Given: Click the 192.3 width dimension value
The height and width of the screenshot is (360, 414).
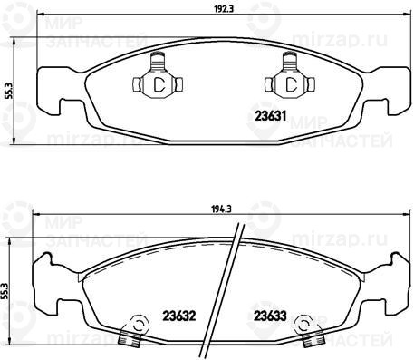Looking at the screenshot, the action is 224,9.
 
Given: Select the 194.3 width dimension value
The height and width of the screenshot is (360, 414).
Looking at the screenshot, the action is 221,209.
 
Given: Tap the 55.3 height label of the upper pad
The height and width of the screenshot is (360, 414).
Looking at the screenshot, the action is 9,91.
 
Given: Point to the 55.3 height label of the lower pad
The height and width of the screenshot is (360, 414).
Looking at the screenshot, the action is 5,291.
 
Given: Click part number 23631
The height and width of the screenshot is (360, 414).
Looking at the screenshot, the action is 270,116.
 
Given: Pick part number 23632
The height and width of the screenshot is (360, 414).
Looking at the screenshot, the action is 179,316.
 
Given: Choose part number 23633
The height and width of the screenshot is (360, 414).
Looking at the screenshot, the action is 270,316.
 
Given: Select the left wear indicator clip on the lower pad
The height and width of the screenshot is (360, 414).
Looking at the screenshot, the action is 133,330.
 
